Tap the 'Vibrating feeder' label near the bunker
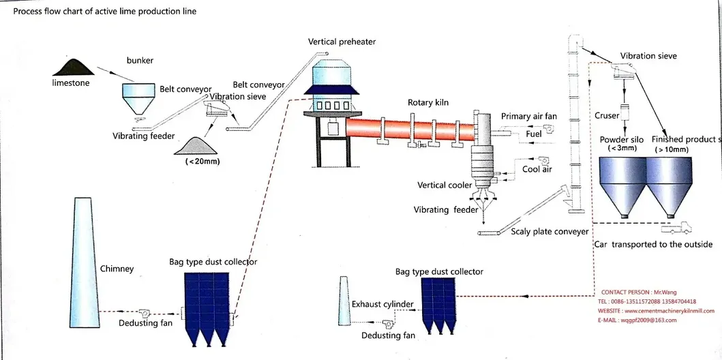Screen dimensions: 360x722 click(144, 136)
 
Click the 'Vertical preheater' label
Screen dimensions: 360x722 click(342, 42)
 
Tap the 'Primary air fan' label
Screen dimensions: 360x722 click(528, 117)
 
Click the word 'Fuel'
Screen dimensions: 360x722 click(535, 134)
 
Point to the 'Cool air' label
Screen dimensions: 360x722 click(537, 169)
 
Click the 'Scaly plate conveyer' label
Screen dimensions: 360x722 click(550, 232)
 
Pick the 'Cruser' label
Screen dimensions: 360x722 click(607, 116)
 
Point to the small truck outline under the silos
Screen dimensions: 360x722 click(685, 227)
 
